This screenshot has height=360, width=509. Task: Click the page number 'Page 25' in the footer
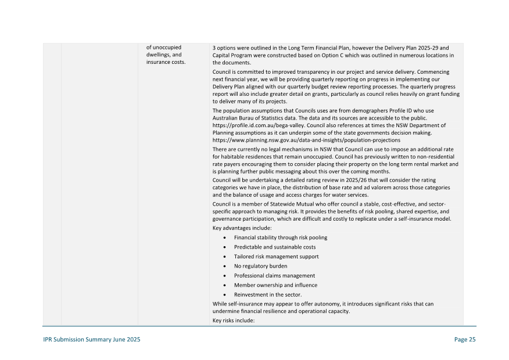pos(464,340)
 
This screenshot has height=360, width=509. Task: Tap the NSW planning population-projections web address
pos(306,140)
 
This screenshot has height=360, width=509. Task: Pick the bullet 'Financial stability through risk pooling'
pos(280,237)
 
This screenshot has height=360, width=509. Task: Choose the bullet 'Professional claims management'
pos(274,275)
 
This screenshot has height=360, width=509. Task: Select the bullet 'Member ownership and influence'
pos(275,285)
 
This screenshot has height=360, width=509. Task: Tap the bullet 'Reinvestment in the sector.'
pos(268,294)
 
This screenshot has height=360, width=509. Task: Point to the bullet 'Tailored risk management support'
pos(276,257)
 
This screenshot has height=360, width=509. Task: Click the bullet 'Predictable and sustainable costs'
pos(275,247)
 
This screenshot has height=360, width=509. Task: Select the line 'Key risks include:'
pos(234,321)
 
